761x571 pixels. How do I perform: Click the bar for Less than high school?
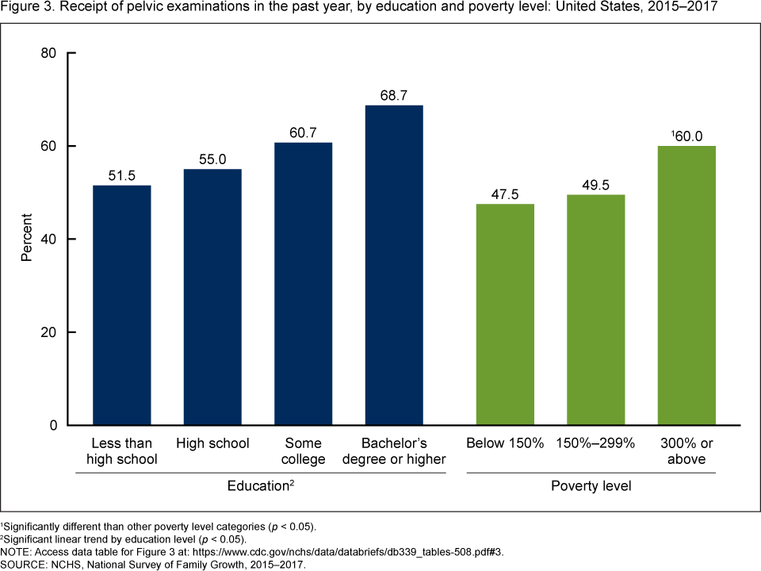[x=122, y=305]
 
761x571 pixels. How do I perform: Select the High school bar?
[x=212, y=297]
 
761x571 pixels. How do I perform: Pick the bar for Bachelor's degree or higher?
[x=394, y=266]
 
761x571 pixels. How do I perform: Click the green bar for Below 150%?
[x=505, y=315]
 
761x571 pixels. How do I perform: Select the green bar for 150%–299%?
[x=596, y=310]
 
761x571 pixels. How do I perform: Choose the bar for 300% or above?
[x=686, y=285]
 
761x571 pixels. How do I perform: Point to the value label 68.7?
[x=394, y=95]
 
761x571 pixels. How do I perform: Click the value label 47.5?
[x=505, y=194]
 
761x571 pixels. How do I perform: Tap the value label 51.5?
[x=122, y=175]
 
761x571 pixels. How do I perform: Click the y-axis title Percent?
[x=27, y=239]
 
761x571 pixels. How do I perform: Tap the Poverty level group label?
[x=591, y=485]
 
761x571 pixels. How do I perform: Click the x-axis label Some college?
[x=303, y=450]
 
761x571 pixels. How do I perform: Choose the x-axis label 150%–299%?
[x=596, y=443]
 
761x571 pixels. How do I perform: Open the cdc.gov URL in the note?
[x=364, y=552]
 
